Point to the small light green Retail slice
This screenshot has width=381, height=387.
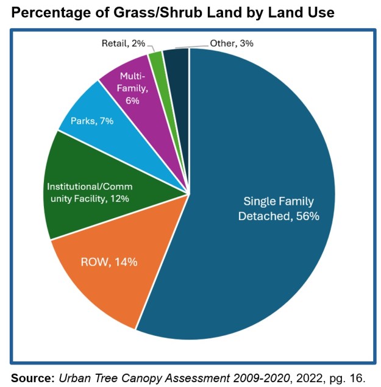click(x=157, y=58)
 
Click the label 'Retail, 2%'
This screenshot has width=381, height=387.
click(x=123, y=43)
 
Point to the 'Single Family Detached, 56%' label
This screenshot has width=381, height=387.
click(x=281, y=208)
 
